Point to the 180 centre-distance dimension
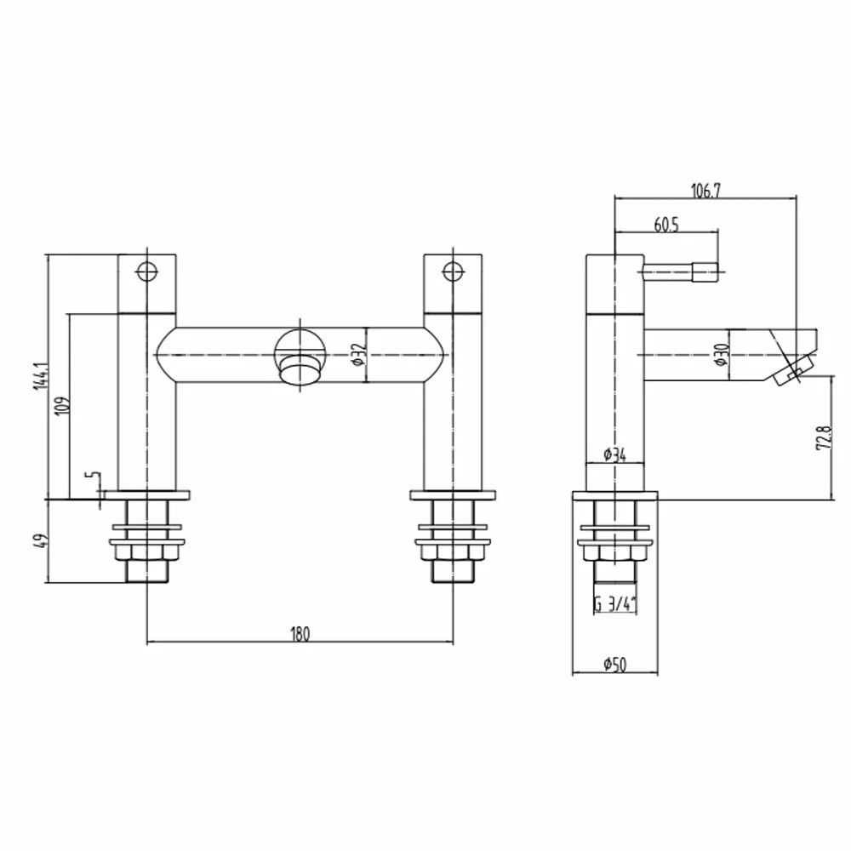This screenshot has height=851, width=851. click(300, 632)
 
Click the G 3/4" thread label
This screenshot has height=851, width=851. click(615, 606)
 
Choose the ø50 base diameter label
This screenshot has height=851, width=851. click(614, 665)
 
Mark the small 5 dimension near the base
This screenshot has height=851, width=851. click(95, 482)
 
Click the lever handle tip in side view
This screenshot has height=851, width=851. click(704, 273)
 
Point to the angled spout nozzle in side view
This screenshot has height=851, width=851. click(795, 367)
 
